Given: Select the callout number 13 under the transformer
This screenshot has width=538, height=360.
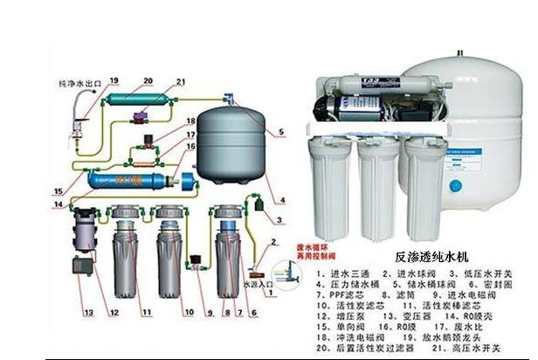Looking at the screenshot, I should tap(88, 311).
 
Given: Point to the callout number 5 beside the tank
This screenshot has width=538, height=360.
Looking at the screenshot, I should tap(280, 133).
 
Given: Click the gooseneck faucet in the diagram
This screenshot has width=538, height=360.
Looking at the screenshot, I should tap(82, 118).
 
